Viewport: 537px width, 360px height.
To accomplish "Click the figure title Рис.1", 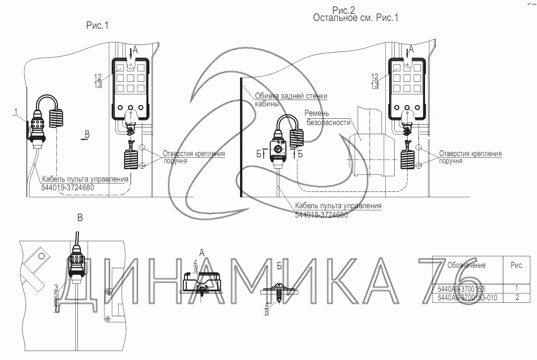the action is (97, 25).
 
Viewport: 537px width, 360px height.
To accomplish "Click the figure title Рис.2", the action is (343, 10).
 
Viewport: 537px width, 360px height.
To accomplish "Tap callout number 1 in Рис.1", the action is (16, 112).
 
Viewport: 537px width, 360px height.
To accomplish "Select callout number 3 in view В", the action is (56, 287).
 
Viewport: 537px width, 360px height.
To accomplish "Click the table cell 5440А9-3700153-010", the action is (467, 298).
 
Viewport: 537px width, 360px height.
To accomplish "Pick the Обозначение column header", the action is (466, 265).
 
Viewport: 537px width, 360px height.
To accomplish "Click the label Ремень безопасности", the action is (327, 118).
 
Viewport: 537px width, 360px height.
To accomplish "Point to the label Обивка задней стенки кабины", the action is (291, 100).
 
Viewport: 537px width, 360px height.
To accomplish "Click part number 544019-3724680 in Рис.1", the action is (68, 187).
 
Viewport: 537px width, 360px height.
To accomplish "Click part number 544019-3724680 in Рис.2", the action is (321, 215).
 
